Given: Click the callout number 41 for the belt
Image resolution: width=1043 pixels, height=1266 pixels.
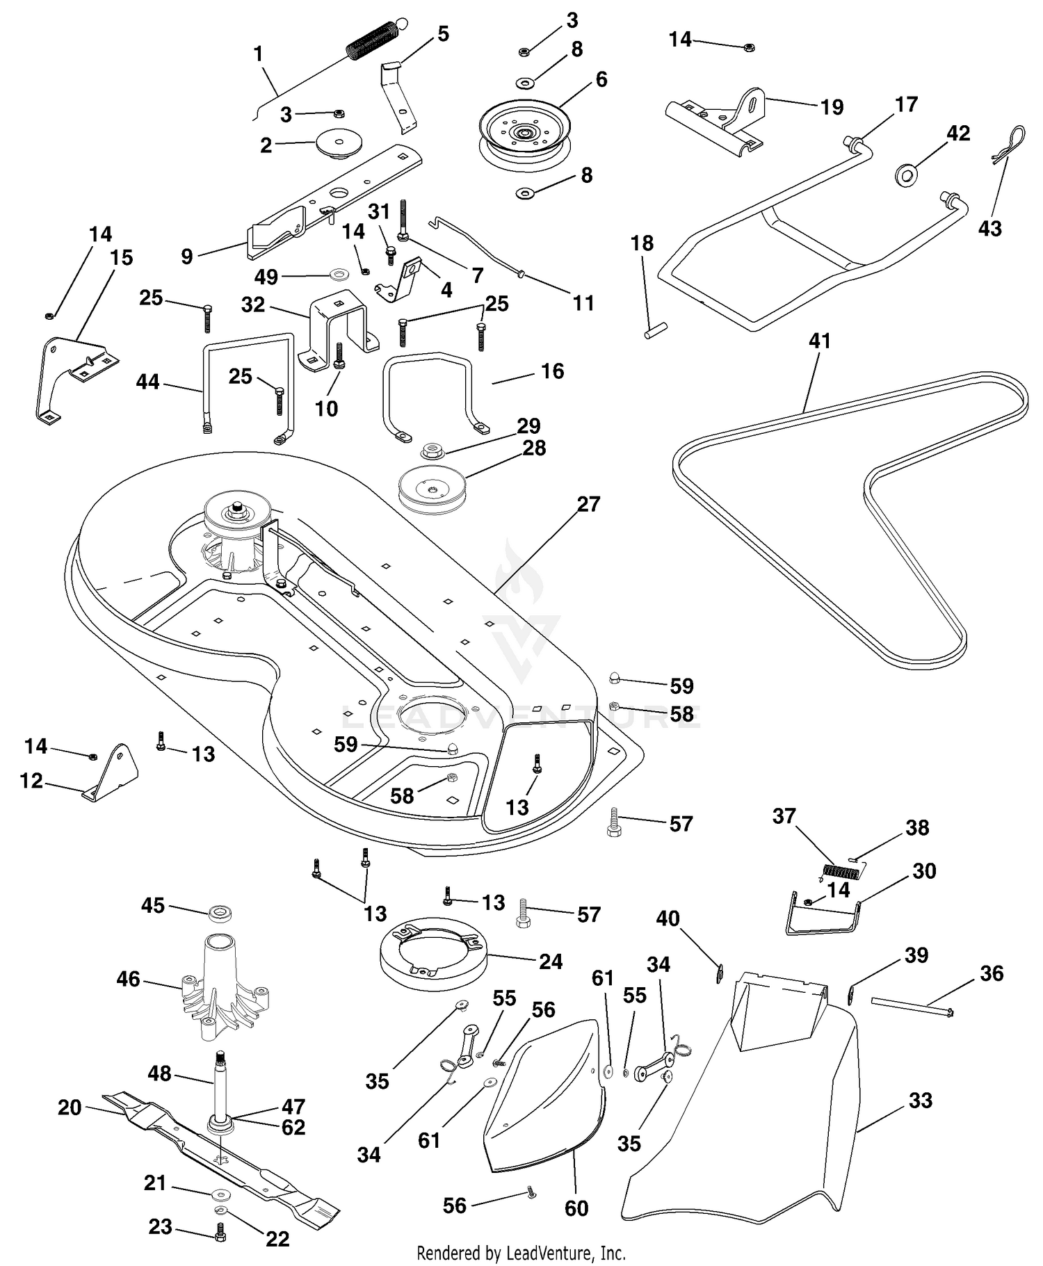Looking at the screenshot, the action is click(x=820, y=341).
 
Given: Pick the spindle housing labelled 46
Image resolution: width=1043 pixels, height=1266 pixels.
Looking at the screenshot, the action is click(x=225, y=986).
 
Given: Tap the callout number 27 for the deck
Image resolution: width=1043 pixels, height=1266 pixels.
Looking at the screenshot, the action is click(x=588, y=503).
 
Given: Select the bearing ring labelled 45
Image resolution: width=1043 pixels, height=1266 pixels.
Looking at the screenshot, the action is click(x=220, y=913).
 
